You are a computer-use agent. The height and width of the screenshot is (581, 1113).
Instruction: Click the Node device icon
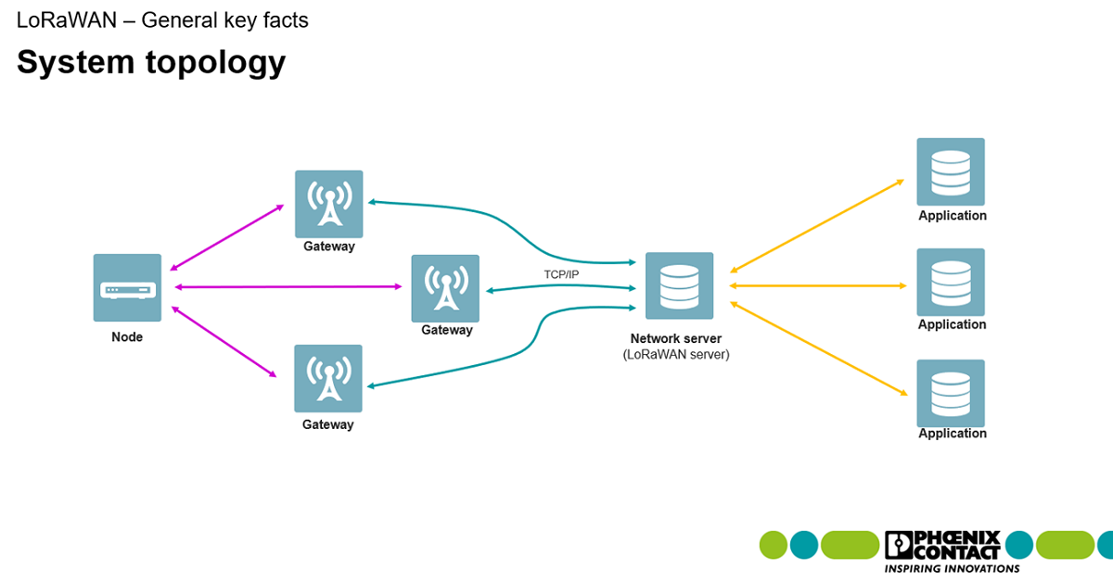(x=127, y=288)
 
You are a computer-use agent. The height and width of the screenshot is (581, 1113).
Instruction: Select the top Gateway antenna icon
(x=328, y=204)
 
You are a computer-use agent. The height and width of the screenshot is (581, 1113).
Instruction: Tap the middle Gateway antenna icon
(x=445, y=288)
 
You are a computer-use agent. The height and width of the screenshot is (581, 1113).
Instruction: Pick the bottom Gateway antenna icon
(x=328, y=378)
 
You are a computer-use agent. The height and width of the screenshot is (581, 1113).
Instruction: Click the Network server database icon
(x=679, y=286)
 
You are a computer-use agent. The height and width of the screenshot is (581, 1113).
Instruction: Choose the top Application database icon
(x=951, y=171)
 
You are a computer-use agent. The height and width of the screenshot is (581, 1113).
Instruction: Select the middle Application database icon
(x=951, y=282)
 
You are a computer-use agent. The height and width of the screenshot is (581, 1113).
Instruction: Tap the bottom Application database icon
(x=951, y=393)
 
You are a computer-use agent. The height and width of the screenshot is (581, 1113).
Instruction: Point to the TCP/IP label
(x=561, y=274)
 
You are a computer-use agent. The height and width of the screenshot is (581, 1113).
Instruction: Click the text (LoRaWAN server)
(x=676, y=355)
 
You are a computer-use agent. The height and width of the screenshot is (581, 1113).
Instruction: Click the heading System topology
(x=151, y=62)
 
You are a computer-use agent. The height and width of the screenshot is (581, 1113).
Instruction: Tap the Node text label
(x=127, y=337)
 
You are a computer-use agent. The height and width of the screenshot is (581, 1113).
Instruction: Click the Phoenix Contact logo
(x=942, y=545)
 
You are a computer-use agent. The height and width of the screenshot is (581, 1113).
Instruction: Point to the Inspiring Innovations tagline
(x=952, y=568)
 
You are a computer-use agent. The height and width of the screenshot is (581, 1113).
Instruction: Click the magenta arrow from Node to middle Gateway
(x=292, y=287)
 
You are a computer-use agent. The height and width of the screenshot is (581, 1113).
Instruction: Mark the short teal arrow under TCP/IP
(x=560, y=289)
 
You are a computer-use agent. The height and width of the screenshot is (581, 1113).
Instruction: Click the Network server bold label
(x=676, y=339)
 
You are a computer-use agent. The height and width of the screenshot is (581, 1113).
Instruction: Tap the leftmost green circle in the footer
(x=774, y=545)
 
